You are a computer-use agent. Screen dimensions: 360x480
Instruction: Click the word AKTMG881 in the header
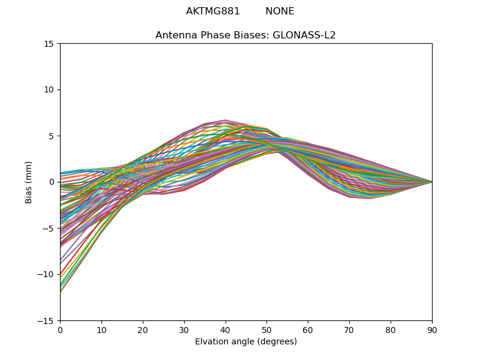pyautogui.click(x=213, y=11)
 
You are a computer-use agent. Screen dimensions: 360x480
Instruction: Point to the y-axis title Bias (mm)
pyautogui.click(x=29, y=182)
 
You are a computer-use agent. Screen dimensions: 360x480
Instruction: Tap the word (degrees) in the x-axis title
pyautogui.click(x=277, y=341)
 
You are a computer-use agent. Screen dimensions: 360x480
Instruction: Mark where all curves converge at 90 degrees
pyautogui.click(x=431, y=182)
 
